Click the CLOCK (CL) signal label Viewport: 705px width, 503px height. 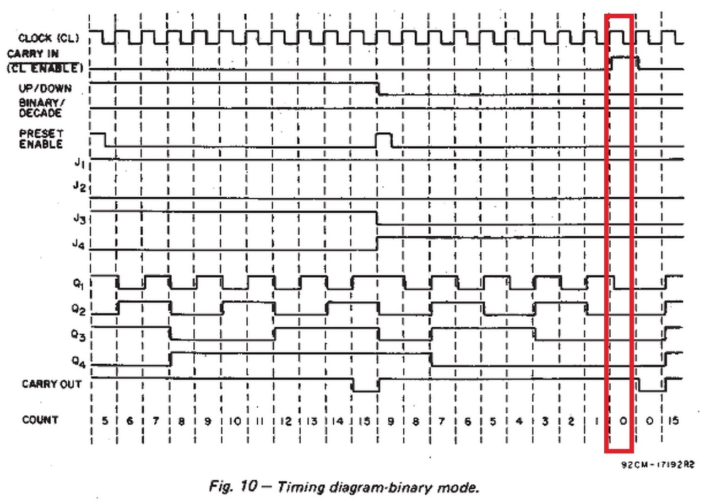pyautogui.click(x=48, y=38)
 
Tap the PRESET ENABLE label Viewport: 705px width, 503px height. pyautogui.click(x=41, y=139)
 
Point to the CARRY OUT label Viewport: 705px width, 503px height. pyautogui.click(x=51, y=384)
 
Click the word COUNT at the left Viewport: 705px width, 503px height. pyautogui.click(x=40, y=420)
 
